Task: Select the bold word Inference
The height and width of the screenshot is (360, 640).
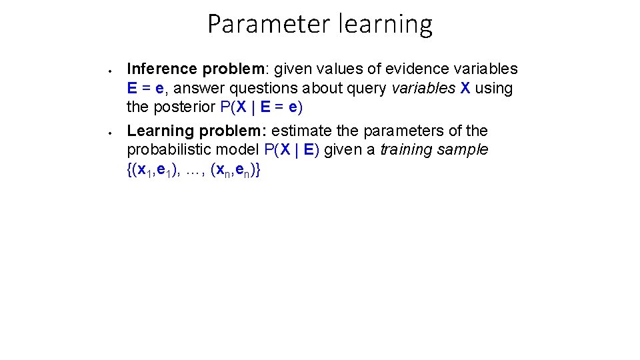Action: pyautogui.click(x=162, y=69)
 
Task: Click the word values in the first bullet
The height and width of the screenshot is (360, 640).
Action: pyautogui.click(x=329, y=69)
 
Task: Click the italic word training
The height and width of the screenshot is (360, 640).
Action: pyautogui.click(x=407, y=150)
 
